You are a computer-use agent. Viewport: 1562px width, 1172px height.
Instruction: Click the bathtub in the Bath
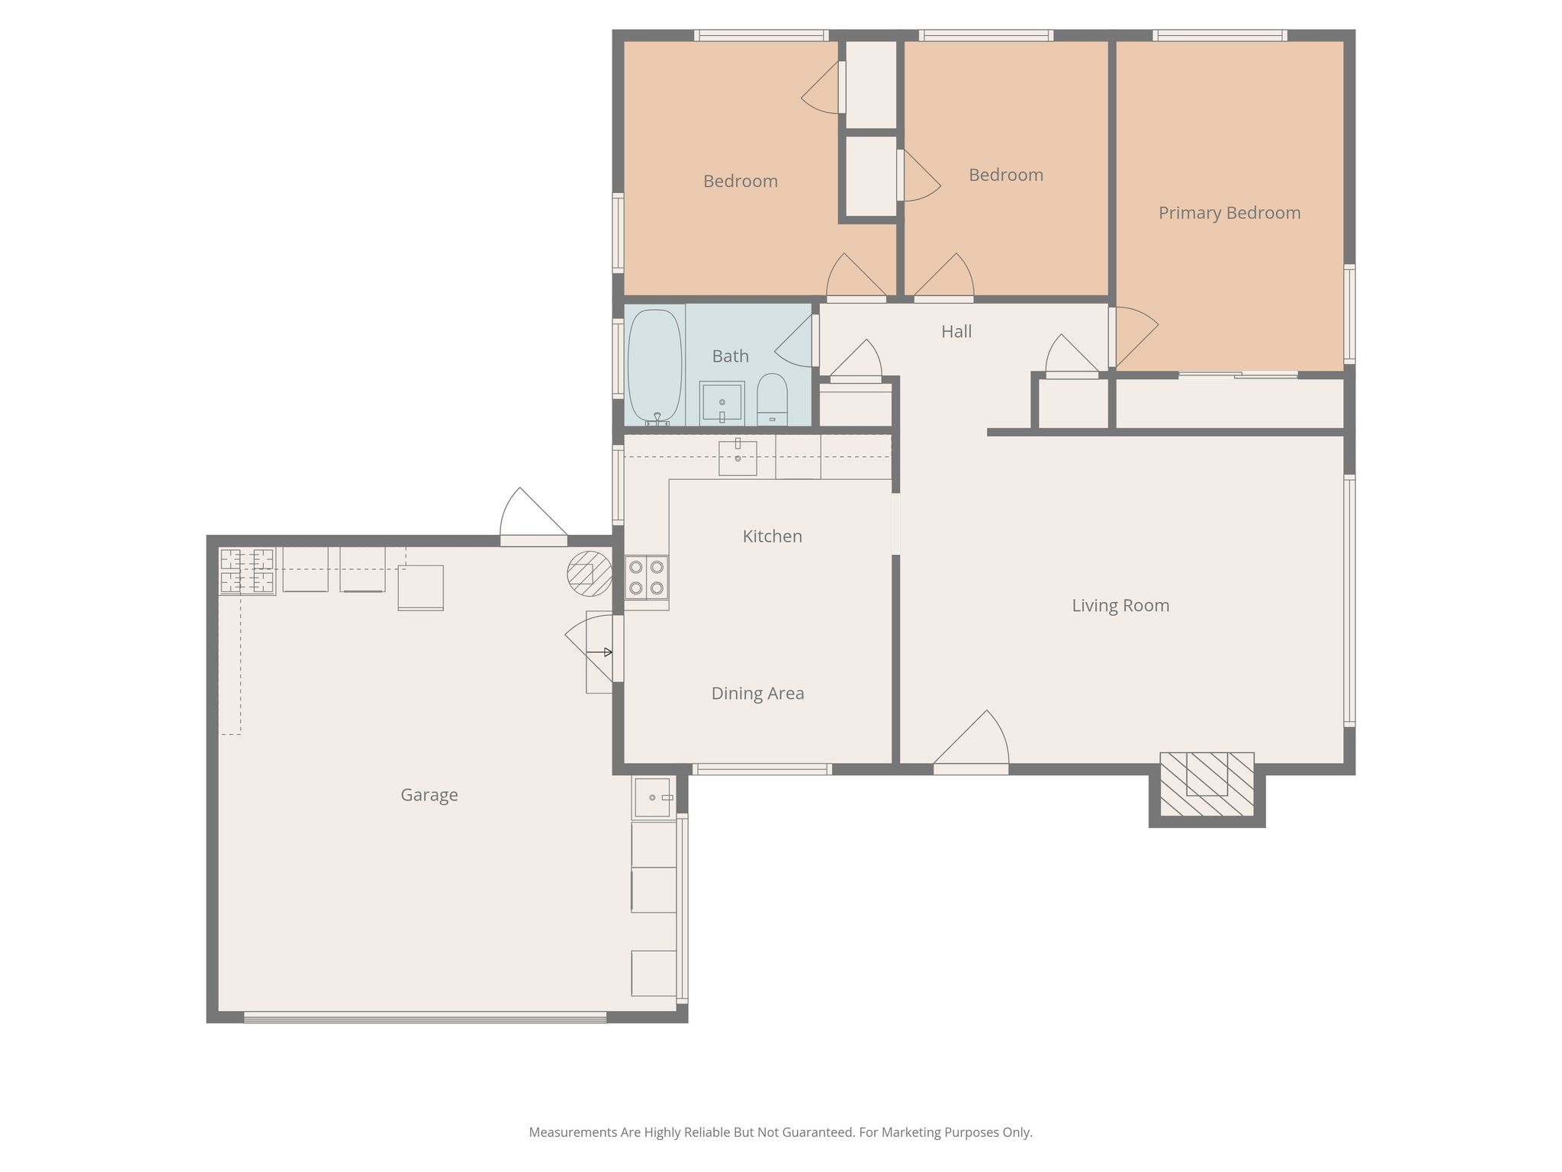pos(654,365)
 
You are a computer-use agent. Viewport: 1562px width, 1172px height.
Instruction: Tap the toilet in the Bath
pos(772,398)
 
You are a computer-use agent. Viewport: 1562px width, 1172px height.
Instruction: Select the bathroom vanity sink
pos(722,403)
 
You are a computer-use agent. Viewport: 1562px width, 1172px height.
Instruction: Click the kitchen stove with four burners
pos(646,578)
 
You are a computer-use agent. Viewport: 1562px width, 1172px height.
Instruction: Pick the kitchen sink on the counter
pos(738,457)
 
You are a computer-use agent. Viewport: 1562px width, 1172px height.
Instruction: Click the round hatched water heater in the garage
pos(590,573)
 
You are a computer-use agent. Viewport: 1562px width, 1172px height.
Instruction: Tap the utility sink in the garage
pos(652,797)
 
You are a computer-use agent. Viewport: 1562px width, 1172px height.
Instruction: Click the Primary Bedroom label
pos(1229,213)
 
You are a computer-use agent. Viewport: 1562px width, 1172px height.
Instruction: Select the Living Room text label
pos(1120,606)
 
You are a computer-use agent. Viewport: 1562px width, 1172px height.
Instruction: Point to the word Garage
pos(429,795)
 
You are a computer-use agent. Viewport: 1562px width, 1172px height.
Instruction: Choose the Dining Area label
pos(757,694)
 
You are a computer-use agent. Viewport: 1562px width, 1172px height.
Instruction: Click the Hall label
pos(956,331)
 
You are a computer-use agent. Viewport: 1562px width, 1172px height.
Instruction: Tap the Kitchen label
pos(773,536)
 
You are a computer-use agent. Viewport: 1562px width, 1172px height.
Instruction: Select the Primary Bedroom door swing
pos(1134,336)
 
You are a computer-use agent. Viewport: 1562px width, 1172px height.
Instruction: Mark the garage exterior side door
pos(533,517)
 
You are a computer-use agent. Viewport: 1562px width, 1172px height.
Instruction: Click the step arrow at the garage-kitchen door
pos(599,652)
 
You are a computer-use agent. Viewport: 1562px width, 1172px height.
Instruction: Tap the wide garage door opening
pos(425,1017)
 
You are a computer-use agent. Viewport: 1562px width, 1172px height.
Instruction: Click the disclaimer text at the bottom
pos(781,1132)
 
